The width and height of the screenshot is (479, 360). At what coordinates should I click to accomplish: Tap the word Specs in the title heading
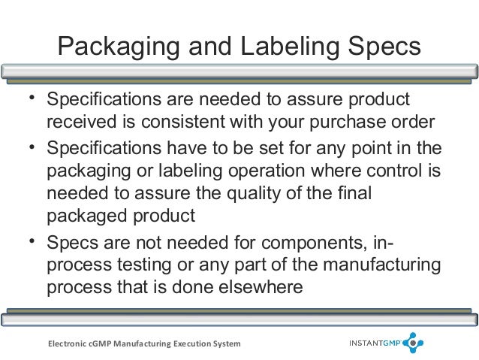[384, 47]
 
